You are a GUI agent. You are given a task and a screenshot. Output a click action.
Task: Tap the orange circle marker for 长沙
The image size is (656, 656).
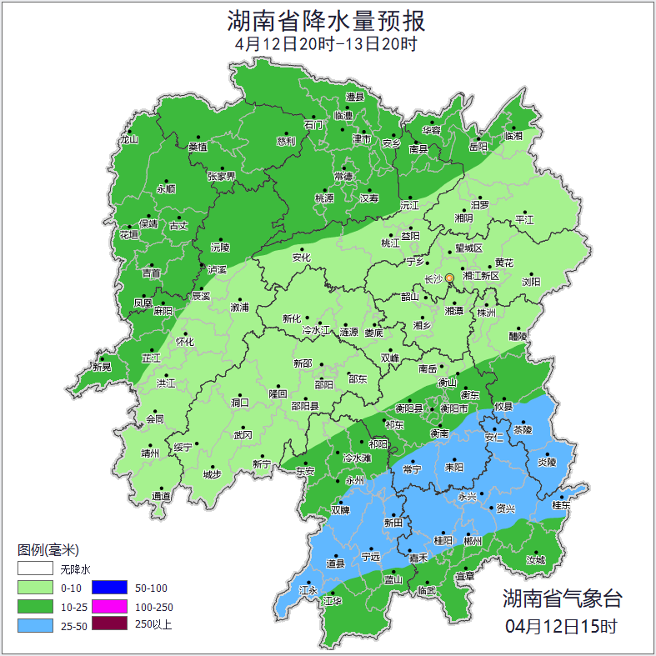[450, 278]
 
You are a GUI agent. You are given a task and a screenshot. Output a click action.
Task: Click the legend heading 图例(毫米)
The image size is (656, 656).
[48, 550]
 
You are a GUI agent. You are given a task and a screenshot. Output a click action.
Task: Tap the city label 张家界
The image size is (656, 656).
[221, 177]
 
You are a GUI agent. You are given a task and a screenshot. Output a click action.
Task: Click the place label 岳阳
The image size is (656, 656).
[478, 148]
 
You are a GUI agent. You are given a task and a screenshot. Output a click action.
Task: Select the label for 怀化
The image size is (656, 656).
[184, 342]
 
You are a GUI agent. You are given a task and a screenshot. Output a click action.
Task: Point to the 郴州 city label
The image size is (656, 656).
[473, 540]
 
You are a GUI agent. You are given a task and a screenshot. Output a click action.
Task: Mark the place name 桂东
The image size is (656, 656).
[562, 505]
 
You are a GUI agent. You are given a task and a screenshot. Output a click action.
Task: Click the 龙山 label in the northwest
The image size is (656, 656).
[128, 140]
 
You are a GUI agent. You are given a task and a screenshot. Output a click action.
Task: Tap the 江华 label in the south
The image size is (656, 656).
[333, 600]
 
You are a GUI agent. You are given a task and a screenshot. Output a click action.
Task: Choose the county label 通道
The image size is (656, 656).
[161, 497]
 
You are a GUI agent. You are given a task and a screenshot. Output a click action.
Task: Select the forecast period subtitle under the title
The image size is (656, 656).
[326, 43]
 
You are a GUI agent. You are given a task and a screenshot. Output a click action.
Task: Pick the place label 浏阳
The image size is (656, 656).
[531, 282]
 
